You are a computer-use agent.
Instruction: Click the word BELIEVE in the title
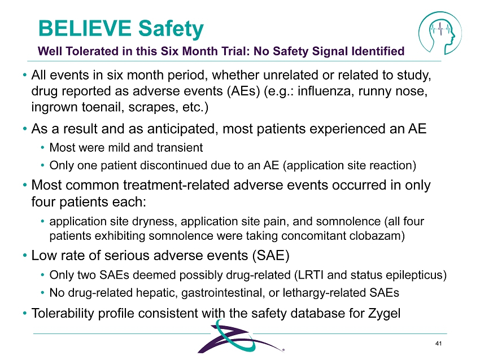85,28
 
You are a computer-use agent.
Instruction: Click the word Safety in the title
171,29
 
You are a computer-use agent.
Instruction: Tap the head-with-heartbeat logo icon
440,33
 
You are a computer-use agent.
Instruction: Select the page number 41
438,344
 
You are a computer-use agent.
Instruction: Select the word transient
180,148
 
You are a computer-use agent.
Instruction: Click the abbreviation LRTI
308,275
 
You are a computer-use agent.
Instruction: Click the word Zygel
384,314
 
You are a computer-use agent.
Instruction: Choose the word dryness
156,221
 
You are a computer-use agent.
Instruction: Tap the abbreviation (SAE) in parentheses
270,256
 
